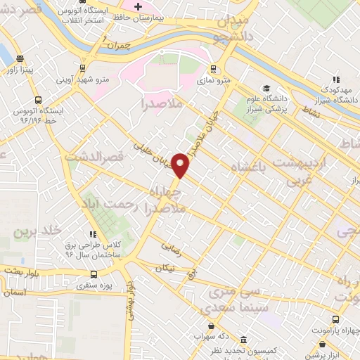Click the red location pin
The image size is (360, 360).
[181, 165]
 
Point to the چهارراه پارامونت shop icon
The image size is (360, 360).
[323, 345]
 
